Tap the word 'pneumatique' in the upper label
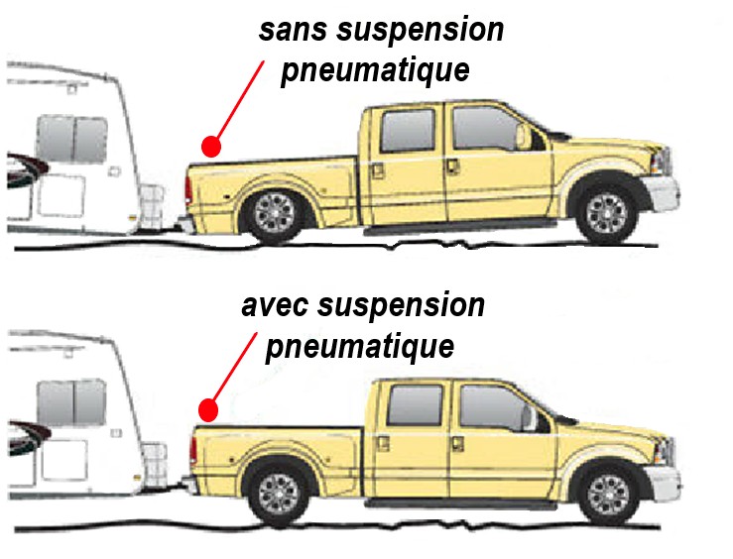point(374,72)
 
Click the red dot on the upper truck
point(210,147)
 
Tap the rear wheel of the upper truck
point(274,210)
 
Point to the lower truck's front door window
point(494,406)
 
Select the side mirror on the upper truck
point(523,137)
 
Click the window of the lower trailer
point(71,401)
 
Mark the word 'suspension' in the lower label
point(405,305)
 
